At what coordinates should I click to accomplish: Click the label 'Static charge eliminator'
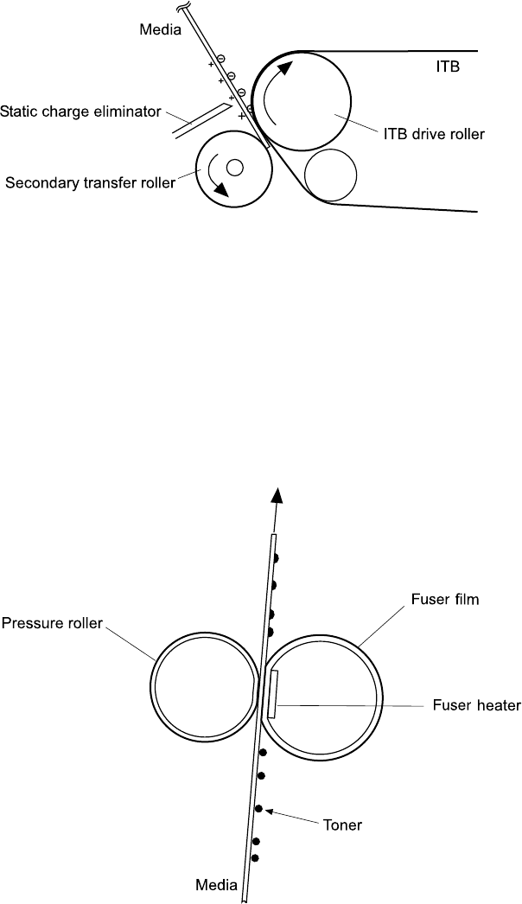click(80, 111)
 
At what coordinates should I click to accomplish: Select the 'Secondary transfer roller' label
click(90, 182)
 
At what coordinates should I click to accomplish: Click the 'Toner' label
click(342, 825)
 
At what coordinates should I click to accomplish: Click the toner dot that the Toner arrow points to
click(258, 809)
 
